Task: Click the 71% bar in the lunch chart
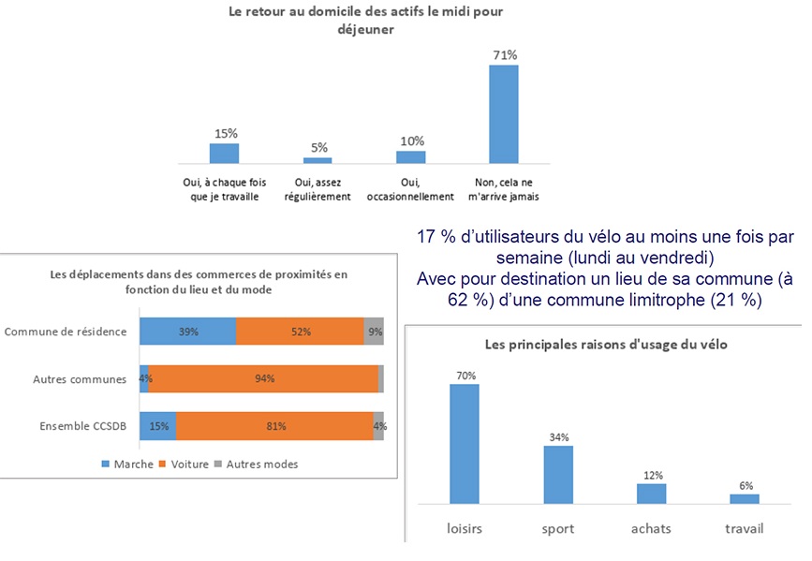pos(504,113)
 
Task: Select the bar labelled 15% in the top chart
pos(224,154)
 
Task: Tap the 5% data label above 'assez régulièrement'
pos(319,148)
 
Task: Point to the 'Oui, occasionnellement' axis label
pos(411,190)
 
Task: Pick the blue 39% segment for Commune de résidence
pos(187,332)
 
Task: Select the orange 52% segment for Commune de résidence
pos(300,332)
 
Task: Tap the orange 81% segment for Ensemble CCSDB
pos(274,426)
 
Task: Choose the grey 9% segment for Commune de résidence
pos(374,332)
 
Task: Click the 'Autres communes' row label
pos(80,379)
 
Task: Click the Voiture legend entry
pos(186,464)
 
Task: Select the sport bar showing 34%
pos(559,474)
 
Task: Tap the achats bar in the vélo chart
pos(652,493)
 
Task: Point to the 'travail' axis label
pos(745,529)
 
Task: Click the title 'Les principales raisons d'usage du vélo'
pos(606,345)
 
